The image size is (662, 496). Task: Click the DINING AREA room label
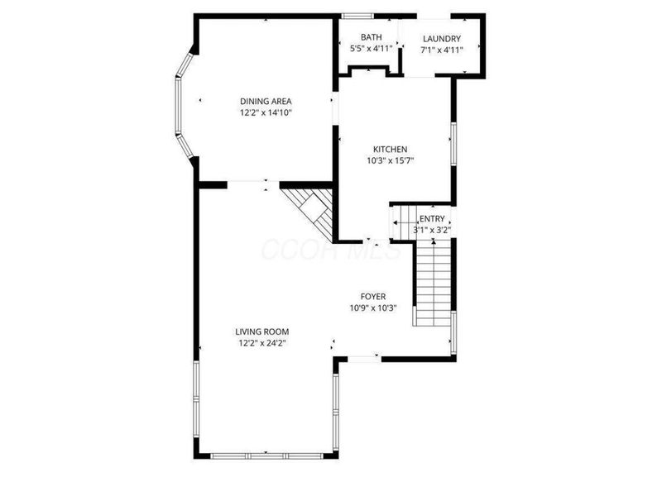266,102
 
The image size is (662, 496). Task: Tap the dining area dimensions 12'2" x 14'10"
266,113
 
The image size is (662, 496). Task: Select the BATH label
370,38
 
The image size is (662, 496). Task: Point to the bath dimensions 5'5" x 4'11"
370,50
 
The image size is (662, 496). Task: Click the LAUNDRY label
441,38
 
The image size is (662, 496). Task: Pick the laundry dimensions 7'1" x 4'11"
441,50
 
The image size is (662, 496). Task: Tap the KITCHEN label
391,150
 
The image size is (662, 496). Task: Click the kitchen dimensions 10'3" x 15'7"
391,161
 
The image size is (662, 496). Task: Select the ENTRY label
432,219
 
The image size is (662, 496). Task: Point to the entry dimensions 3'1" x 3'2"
432,231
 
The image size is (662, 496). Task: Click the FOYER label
372,297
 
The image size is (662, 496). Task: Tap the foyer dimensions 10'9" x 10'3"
372,308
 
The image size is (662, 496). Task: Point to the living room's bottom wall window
266,455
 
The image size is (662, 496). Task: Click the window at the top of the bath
357,15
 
